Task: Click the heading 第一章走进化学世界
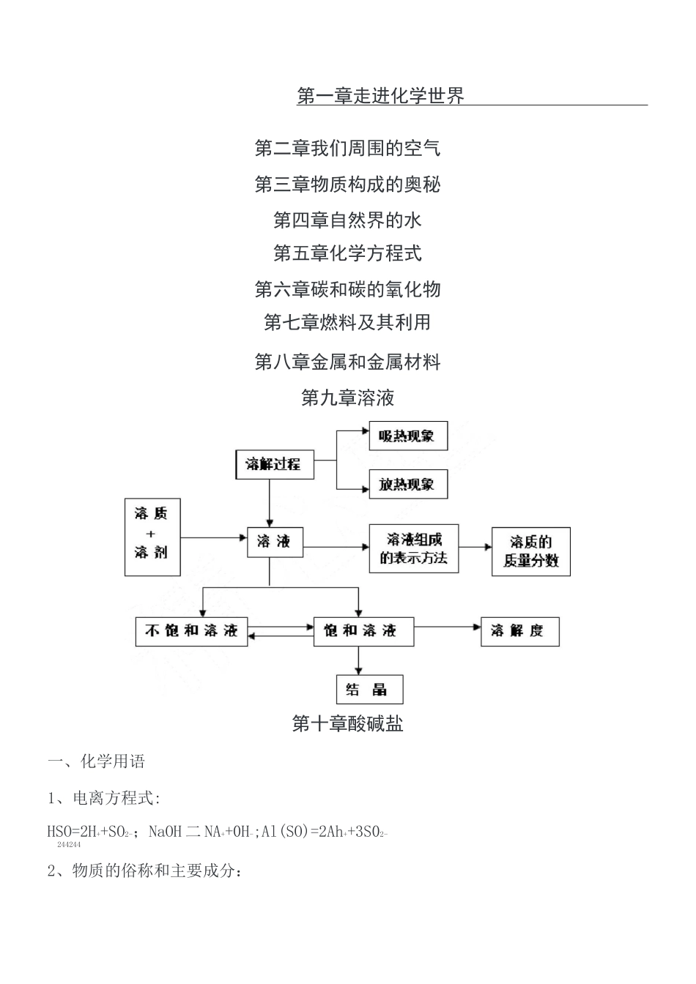point(380,96)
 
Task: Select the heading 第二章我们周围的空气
point(347,149)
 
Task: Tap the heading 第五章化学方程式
point(347,254)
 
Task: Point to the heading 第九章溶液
point(347,398)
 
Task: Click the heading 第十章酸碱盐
point(347,724)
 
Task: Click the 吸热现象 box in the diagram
point(407,436)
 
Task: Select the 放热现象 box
point(407,484)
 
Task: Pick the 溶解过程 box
point(274,464)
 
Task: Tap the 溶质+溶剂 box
point(152,537)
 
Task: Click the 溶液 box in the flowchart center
point(274,542)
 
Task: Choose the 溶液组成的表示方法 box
point(413,548)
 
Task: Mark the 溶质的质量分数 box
point(530,551)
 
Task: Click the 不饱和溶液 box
point(191,631)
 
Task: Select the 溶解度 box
point(519,631)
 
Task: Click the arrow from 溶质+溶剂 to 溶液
point(213,538)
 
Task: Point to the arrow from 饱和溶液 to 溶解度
point(447,627)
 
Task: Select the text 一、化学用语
point(97,761)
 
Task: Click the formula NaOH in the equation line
point(166,832)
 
